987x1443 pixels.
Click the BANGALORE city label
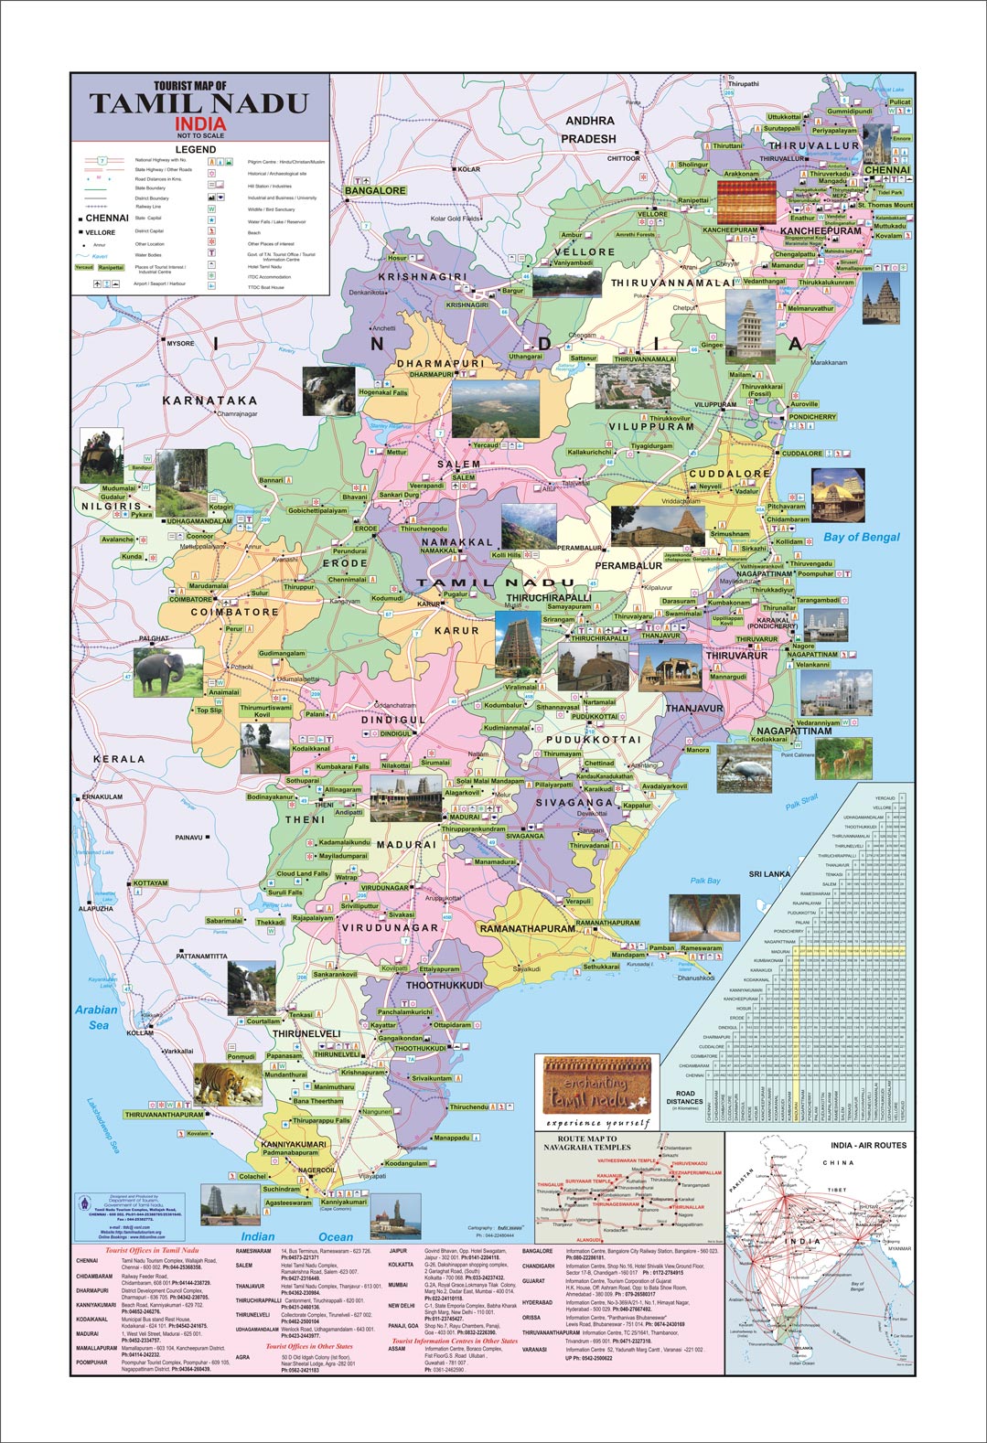pos(375,190)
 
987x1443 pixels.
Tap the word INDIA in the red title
pos(200,123)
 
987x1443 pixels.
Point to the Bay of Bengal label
pos(861,537)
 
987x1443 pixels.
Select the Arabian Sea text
pos(96,1017)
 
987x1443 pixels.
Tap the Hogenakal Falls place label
pos(383,392)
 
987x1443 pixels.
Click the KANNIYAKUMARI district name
pos(294,1144)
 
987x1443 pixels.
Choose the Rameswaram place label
pos(701,948)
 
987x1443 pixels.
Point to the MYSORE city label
pos(180,343)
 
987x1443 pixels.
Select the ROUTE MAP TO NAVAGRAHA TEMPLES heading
pos(587,1142)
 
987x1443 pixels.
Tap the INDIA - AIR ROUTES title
pos(867,1145)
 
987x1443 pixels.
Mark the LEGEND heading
pos(196,149)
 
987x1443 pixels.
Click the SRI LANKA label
pos(769,874)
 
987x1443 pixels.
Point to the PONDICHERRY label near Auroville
pos(812,416)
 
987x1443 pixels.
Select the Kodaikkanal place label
pos(311,749)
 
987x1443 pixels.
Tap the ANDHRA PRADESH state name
pos(589,129)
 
